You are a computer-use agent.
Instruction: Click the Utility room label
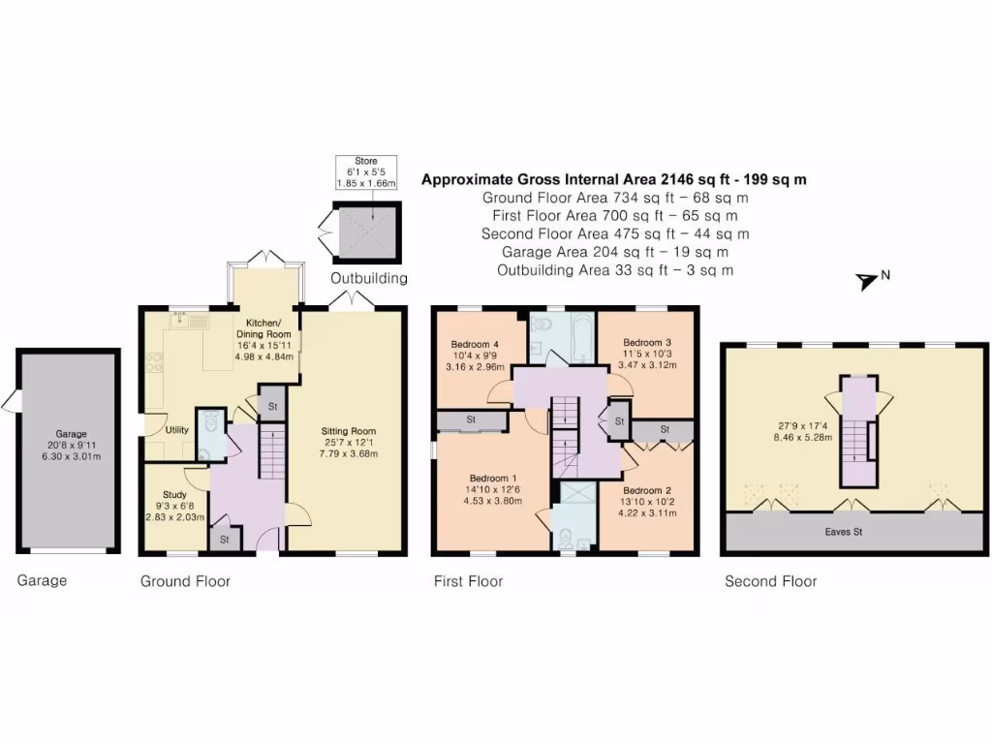click(176, 429)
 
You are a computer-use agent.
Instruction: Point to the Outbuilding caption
click(369, 279)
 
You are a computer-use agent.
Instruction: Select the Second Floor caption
click(771, 581)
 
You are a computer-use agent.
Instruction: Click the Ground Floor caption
click(185, 581)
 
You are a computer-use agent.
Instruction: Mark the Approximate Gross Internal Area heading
click(614, 179)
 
